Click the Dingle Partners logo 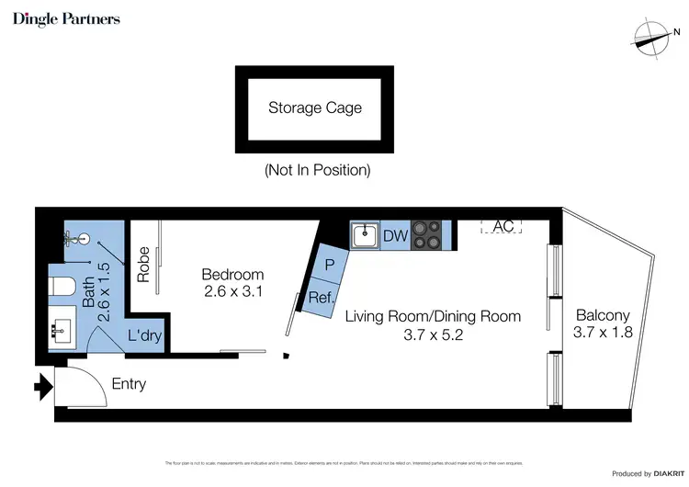click(x=66, y=19)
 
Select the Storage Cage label click(x=315, y=108)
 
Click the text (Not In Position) click(x=317, y=170)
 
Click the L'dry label click(x=144, y=336)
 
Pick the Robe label click(x=143, y=265)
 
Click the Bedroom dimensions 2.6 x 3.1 click(x=232, y=292)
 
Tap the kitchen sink click(x=365, y=235)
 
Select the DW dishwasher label click(x=395, y=236)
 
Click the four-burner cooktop click(x=425, y=235)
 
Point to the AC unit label click(x=503, y=226)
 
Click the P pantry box click(x=329, y=265)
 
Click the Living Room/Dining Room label click(x=433, y=316)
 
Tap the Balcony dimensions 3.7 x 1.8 click(x=603, y=333)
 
